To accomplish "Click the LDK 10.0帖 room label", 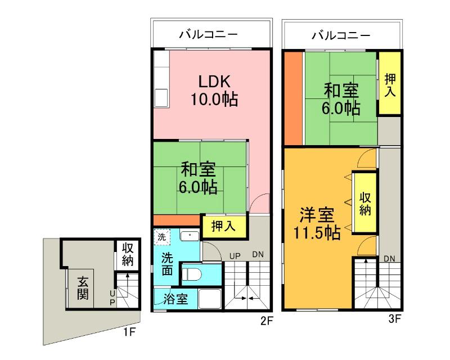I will click(x=213, y=90).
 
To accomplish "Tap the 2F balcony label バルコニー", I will click(x=208, y=35).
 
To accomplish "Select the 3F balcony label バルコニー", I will click(x=341, y=35).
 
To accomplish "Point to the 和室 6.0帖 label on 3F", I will click(x=341, y=98).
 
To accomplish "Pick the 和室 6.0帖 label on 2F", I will click(x=199, y=178).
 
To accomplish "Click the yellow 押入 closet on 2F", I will click(x=223, y=226).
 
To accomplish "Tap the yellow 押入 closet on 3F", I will click(x=389, y=83).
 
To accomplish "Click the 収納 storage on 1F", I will click(x=127, y=254).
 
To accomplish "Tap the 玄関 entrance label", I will click(x=83, y=287).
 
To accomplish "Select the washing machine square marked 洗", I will click(x=161, y=237).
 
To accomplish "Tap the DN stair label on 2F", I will click(x=258, y=255).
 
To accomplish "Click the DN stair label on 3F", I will click(x=389, y=258).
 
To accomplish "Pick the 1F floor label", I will click(x=129, y=332).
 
